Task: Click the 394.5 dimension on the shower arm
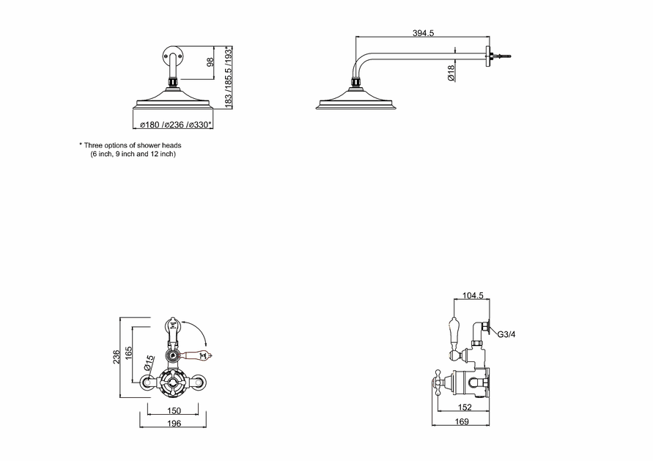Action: [423, 33]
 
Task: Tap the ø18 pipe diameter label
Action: [451, 73]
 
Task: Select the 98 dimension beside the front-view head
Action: [210, 62]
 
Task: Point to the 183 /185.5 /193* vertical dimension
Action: [228, 78]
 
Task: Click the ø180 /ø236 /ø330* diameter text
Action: [176, 125]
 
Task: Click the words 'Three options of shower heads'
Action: [133, 145]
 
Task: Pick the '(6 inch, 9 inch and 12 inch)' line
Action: [133, 154]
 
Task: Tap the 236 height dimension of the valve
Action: [117, 357]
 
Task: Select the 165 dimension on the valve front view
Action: [128, 354]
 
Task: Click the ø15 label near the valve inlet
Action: [149, 363]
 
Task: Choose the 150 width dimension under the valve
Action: [174, 410]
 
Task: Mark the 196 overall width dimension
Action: [174, 423]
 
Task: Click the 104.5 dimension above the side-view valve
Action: [473, 295]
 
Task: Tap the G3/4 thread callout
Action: [506, 334]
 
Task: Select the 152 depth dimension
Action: [465, 407]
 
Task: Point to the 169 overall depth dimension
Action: [462, 421]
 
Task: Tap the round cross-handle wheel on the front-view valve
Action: [173, 381]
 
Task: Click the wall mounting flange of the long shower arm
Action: [487, 56]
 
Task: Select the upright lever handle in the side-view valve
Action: [454, 334]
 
